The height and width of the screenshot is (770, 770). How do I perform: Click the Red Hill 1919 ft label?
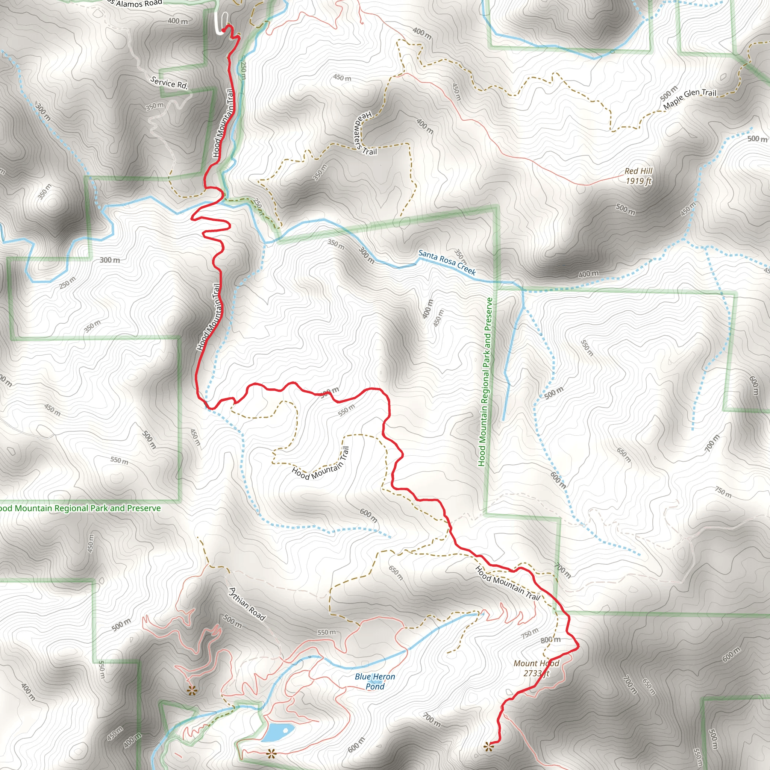pyautogui.click(x=638, y=176)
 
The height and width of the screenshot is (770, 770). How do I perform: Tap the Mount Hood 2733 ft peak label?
pyautogui.click(x=536, y=668)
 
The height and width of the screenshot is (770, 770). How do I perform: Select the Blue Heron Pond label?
pyautogui.click(x=374, y=681)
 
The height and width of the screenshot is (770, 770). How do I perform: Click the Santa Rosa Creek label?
pyautogui.click(x=447, y=262)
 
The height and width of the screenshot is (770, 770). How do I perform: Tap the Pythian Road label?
pyautogui.click(x=247, y=604)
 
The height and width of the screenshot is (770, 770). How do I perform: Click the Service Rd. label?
pyautogui.click(x=169, y=82)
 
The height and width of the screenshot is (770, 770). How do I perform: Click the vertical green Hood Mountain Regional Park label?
pyautogui.click(x=486, y=382)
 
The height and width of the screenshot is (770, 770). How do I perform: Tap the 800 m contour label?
pyautogui.click(x=550, y=640)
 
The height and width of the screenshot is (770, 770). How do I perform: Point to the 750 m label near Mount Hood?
pyautogui.click(x=530, y=632)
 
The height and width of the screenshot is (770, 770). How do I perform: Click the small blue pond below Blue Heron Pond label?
pyautogui.click(x=278, y=732)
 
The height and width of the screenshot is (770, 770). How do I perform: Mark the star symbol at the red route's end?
pyautogui.click(x=488, y=746)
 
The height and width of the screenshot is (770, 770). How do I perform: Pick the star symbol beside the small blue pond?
pyautogui.click(x=271, y=753)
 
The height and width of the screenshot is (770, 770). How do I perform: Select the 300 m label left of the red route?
pyautogui.click(x=110, y=260)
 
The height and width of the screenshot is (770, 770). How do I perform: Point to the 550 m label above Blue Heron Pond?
pyautogui.click(x=326, y=632)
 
